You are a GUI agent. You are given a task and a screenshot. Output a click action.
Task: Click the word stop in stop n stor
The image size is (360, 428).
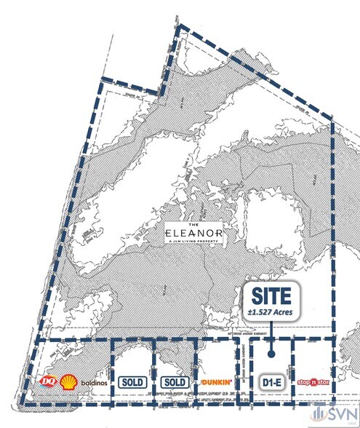[304, 382]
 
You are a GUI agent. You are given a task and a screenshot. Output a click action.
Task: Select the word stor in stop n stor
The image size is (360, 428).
[324, 382]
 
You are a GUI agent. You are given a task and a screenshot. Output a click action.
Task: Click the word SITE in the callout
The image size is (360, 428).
[271, 296]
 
